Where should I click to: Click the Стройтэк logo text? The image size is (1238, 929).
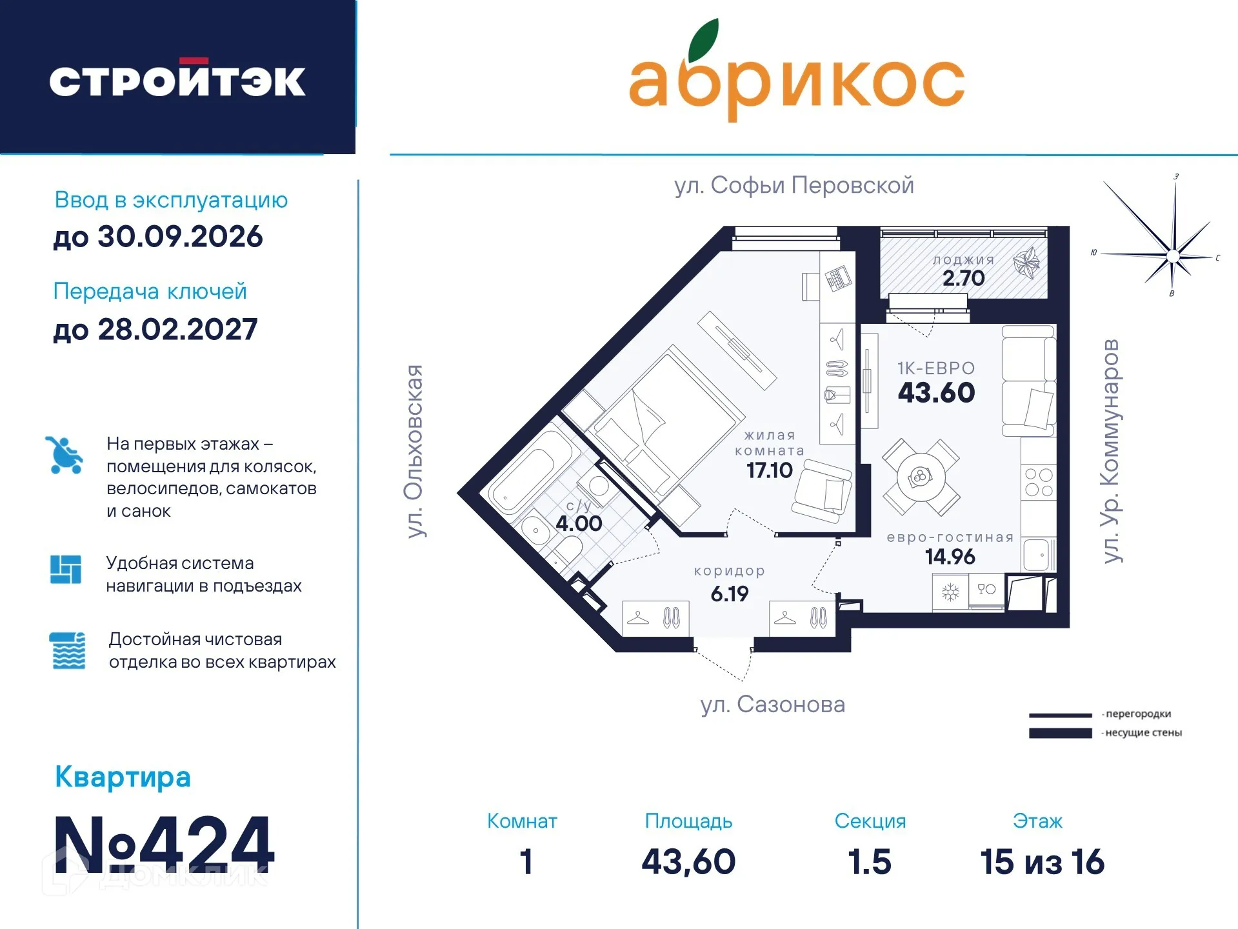click(x=177, y=81)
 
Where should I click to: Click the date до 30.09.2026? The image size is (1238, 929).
click(x=158, y=237)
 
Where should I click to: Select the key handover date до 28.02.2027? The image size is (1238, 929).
click(x=155, y=330)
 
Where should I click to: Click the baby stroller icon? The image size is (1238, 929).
click(x=65, y=455)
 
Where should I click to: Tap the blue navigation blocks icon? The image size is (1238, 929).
click(x=66, y=570)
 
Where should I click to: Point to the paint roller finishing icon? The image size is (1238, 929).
click(x=68, y=650)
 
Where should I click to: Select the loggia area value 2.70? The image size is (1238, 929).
click(x=963, y=278)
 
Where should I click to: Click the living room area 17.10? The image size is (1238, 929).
click(x=769, y=470)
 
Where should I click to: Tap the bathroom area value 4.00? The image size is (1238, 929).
click(x=579, y=523)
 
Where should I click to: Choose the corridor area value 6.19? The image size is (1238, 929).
click(x=729, y=594)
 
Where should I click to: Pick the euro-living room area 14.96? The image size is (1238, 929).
click(x=950, y=556)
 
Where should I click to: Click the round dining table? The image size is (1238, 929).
click(x=921, y=477)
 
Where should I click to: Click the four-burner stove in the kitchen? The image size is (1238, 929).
click(x=1038, y=483)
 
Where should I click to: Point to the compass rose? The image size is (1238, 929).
click(x=1172, y=256)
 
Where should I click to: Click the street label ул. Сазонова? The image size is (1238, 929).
click(x=772, y=704)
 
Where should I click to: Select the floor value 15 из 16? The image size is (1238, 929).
click(x=1042, y=862)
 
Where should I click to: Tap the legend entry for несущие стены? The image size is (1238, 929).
click(x=1143, y=733)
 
